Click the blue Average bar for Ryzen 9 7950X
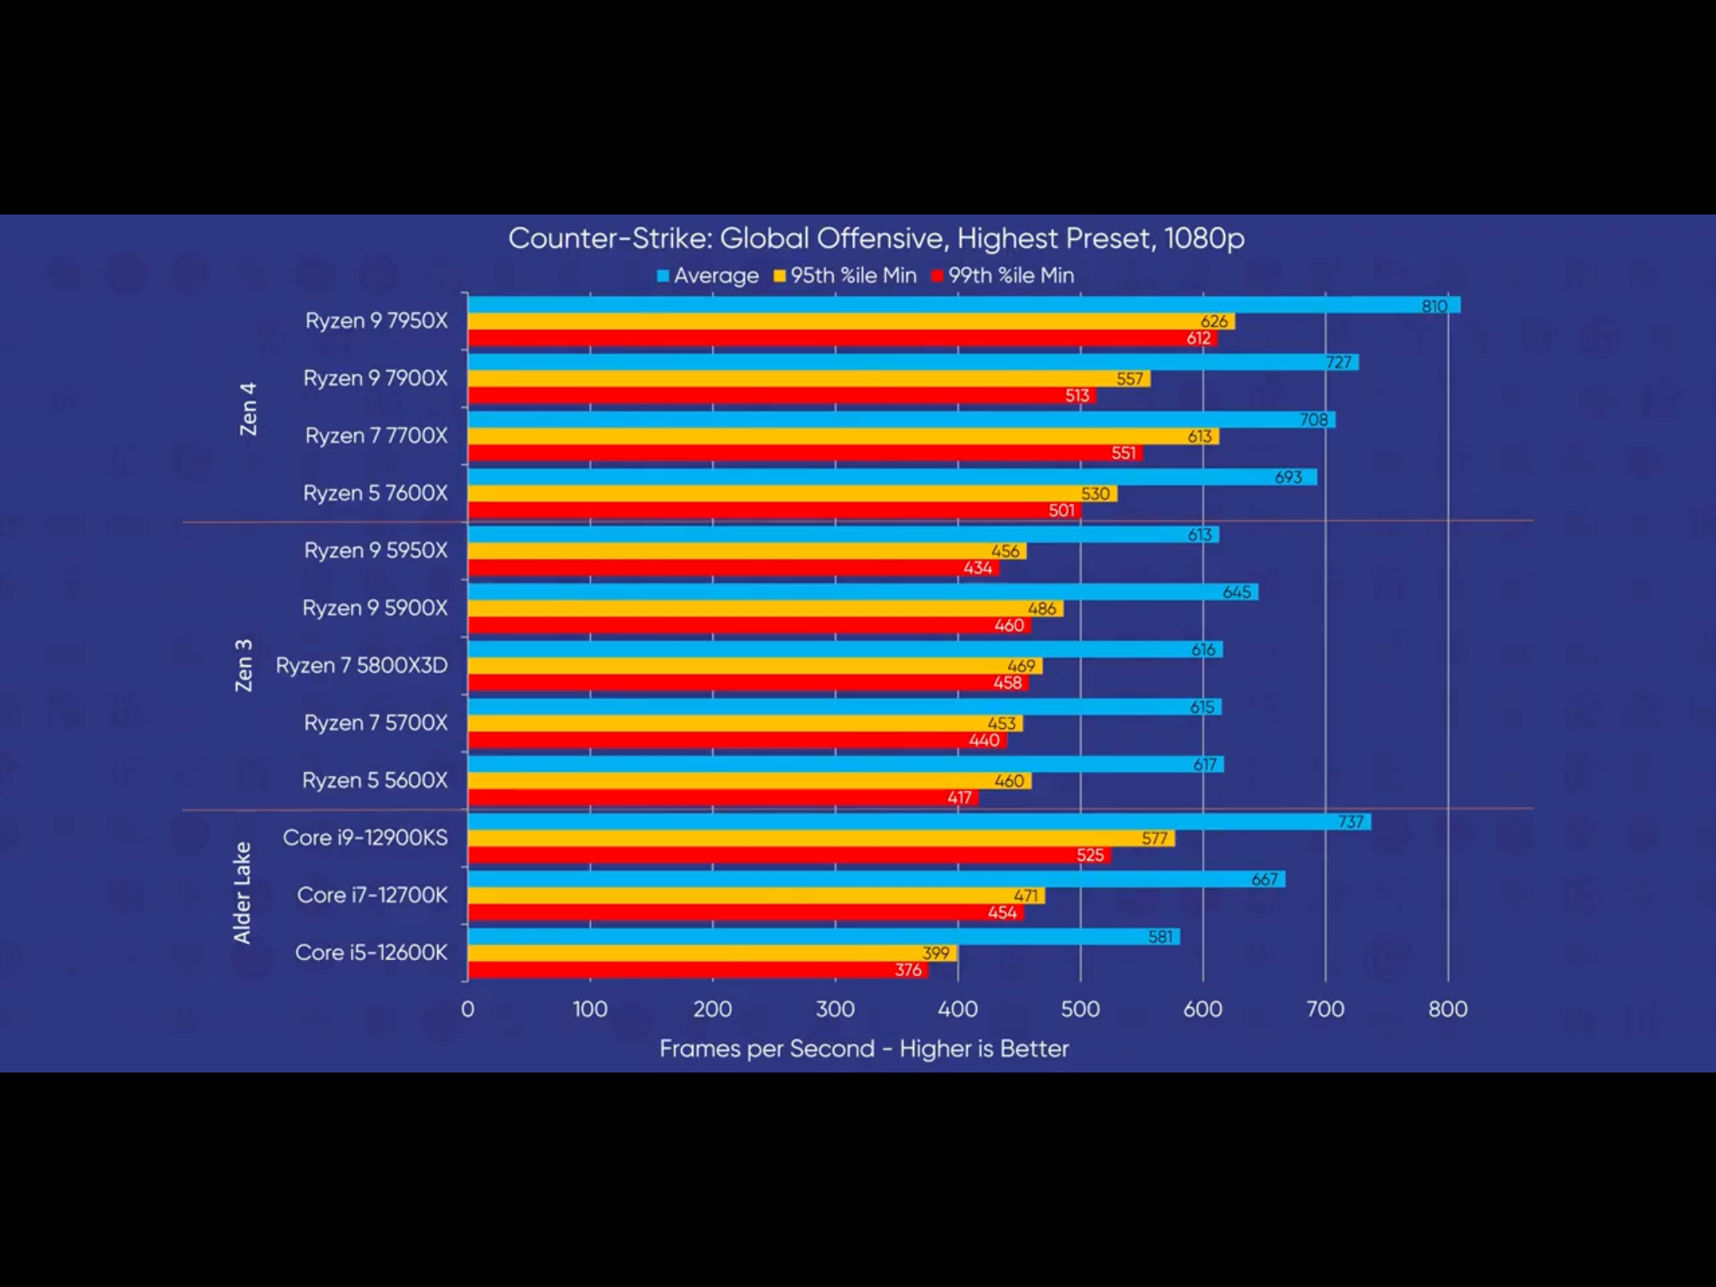[x=964, y=305]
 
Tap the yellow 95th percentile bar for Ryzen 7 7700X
[x=842, y=437]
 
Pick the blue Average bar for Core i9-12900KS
[x=918, y=822]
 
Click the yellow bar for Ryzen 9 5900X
[x=764, y=609]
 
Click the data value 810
[x=1434, y=306]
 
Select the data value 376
[x=908, y=970]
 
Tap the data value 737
[x=1350, y=822]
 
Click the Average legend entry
[x=708, y=276]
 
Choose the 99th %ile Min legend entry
[x=1003, y=276]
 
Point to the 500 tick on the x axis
[x=1080, y=1009]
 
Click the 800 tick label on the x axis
[x=1448, y=1009]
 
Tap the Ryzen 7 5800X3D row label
[x=362, y=665]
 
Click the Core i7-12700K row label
[x=372, y=895]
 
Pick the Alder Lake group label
[x=242, y=893]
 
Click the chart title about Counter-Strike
[x=876, y=239]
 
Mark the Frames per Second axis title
[x=864, y=1049]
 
